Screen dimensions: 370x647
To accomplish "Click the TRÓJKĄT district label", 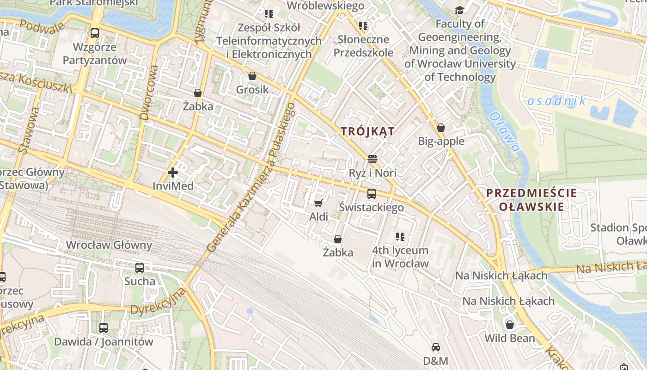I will (368, 131).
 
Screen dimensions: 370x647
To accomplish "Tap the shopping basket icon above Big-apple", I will (441, 128).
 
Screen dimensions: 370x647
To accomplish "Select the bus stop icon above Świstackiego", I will (371, 194).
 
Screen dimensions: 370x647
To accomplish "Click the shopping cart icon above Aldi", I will (318, 203).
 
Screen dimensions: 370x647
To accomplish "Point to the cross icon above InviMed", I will (173, 173).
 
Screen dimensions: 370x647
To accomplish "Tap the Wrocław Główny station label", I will (109, 245).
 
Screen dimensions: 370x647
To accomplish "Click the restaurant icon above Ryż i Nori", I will (372, 160).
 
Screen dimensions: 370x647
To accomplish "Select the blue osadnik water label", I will (556, 101).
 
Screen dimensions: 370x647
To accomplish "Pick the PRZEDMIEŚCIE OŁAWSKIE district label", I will (531, 200).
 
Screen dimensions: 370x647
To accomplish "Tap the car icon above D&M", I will (435, 347).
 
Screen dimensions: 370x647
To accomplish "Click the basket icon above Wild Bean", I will (510, 325).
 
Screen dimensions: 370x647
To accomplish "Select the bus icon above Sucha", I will (140, 267).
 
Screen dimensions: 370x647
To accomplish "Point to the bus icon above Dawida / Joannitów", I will (104, 328).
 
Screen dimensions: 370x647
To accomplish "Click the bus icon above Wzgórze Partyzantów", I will (95, 33).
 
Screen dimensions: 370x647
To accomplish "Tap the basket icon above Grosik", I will (252, 76).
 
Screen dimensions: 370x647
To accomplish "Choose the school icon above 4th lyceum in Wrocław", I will (400, 237).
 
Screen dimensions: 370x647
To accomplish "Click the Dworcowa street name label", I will (149, 92).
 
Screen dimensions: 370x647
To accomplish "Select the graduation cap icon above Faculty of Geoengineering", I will (459, 10).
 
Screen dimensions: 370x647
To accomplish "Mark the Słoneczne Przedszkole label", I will (363, 46).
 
